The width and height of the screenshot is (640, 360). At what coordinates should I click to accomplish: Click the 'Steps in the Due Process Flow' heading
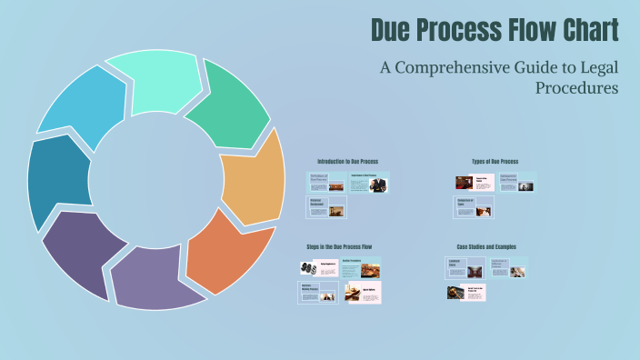coord(339,246)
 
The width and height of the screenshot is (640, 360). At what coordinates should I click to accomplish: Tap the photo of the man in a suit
coord(378,184)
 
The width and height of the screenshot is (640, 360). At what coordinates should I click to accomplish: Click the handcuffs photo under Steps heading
coord(307,268)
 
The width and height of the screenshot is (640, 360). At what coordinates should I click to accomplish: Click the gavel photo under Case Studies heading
coord(455,292)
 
